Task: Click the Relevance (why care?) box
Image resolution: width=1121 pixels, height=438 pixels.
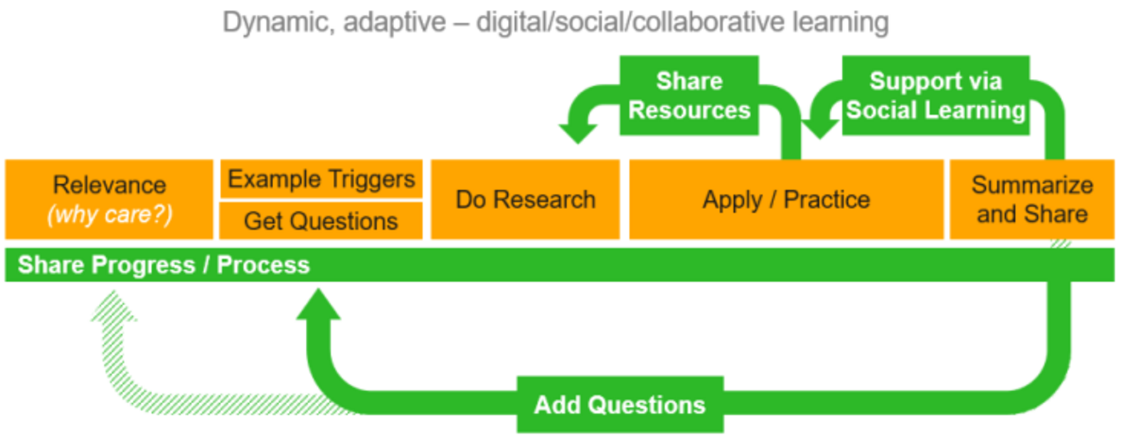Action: pyautogui.click(x=109, y=199)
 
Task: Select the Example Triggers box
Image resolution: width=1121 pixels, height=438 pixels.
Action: pyautogui.click(x=321, y=179)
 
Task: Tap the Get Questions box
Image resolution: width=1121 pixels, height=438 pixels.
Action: pyautogui.click(x=321, y=221)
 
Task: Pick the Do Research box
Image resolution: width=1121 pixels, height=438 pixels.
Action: pyautogui.click(x=525, y=200)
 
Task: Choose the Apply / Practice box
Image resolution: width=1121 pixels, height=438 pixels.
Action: pyautogui.click(x=786, y=200)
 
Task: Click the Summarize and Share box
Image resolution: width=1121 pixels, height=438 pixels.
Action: pyautogui.click(x=1032, y=200)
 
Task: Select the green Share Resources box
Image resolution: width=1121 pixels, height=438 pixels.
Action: pyautogui.click(x=689, y=96)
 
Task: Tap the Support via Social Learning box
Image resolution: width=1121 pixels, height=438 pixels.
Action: pyautogui.click(x=935, y=96)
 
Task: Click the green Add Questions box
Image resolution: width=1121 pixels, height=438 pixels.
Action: pyautogui.click(x=620, y=405)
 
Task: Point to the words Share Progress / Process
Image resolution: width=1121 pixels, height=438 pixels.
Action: pyautogui.click(x=164, y=265)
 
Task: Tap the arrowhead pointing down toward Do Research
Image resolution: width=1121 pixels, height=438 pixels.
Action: pyautogui.click(x=578, y=132)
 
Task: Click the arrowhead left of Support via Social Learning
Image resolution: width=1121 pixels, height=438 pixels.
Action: pyautogui.click(x=820, y=128)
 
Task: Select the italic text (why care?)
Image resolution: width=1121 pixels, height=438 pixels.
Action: pyautogui.click(x=110, y=214)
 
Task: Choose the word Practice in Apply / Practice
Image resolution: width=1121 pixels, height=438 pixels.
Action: pyautogui.click(x=827, y=200)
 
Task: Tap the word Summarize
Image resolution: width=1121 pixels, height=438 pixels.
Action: pyautogui.click(x=1032, y=185)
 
